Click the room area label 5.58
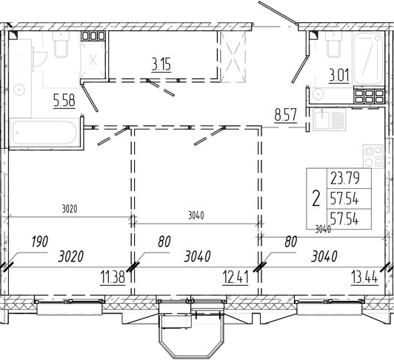click(x=64, y=101)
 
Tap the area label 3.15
click(x=161, y=65)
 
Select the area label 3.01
click(x=339, y=76)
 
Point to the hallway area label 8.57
click(x=286, y=115)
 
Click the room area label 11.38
click(x=113, y=278)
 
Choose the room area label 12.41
click(x=236, y=278)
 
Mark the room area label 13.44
click(x=364, y=278)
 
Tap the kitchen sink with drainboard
click(x=330, y=119)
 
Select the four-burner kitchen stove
click(x=373, y=156)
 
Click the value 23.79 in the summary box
click(x=345, y=179)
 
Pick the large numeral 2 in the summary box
click(x=316, y=199)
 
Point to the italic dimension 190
click(x=39, y=241)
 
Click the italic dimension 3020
click(x=70, y=257)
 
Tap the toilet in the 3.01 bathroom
click(x=334, y=44)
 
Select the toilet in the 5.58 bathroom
click(x=61, y=44)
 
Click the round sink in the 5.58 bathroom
click(x=19, y=90)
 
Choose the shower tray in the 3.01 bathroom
click(x=368, y=59)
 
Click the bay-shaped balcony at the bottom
click(x=191, y=336)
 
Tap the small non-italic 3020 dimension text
click(x=70, y=209)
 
